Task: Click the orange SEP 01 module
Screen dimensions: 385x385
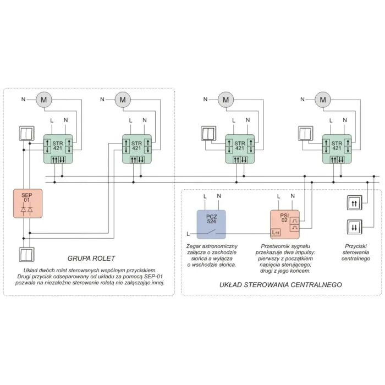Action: (x=28, y=204)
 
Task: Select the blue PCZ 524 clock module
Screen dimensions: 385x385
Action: (x=211, y=224)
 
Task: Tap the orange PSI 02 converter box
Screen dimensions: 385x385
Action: (x=285, y=224)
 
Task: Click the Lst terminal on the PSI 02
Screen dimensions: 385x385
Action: (x=276, y=233)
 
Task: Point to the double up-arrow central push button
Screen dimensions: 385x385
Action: (x=354, y=203)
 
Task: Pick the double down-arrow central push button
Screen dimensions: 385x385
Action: (x=354, y=227)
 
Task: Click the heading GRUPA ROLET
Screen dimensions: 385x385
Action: (x=91, y=258)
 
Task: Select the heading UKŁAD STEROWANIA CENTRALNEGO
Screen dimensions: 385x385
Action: (x=280, y=284)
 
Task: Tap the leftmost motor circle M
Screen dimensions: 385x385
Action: (x=44, y=100)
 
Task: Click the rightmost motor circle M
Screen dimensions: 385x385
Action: (x=323, y=100)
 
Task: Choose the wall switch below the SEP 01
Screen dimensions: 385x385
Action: (x=27, y=254)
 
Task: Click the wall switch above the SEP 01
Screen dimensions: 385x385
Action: (x=27, y=133)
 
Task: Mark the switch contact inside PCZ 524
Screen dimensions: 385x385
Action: (x=211, y=232)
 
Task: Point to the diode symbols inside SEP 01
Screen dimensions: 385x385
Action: (x=27, y=210)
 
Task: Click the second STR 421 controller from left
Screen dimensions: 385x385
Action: (x=137, y=149)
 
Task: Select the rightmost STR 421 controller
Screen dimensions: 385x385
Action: (x=337, y=149)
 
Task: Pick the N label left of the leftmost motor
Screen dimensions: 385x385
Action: (x=23, y=99)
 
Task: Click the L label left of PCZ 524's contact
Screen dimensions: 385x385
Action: (x=188, y=234)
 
